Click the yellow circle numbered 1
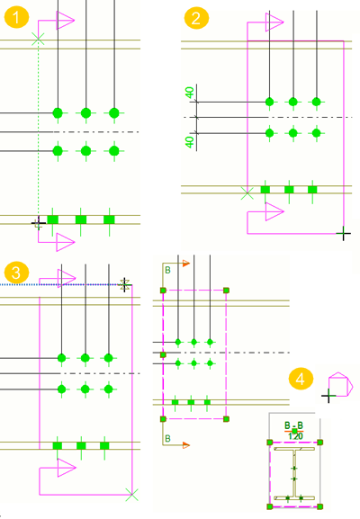pos(16,17)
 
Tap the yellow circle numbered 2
pos(196,18)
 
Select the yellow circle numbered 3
pos(16,273)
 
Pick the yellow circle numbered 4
pos(301,379)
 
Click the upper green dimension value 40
pos(189,93)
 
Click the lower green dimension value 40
pos(189,142)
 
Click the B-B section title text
pos(293,425)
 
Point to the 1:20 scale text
pos(295,436)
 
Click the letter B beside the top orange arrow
pos(167,271)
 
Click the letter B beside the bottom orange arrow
pos(167,439)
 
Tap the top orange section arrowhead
pos(186,264)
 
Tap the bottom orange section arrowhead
pos(186,445)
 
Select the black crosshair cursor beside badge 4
pos(328,396)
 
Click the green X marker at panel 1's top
pos(38,40)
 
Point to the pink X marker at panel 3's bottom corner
pos(131,495)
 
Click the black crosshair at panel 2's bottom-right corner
pos(344,234)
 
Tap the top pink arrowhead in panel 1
pos(65,20)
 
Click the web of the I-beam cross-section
pos(293,473)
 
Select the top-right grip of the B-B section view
pos(319,443)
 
